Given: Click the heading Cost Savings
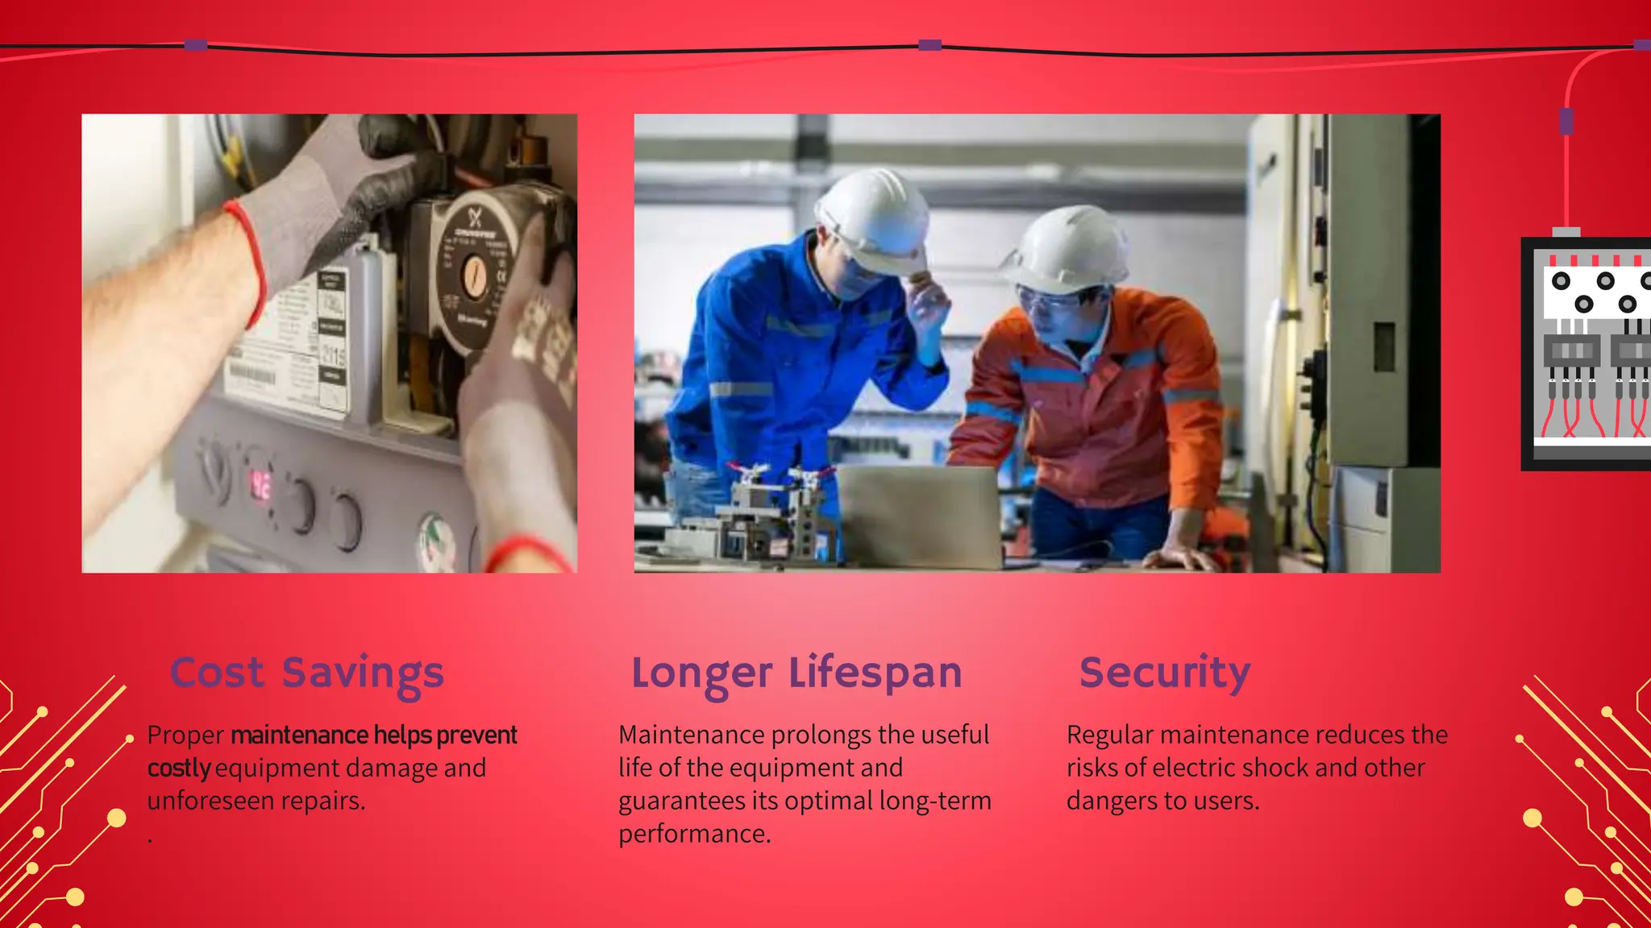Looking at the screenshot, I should [306, 673].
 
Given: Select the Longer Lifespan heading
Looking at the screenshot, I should [796, 673].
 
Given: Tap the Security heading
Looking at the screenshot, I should [1165, 673].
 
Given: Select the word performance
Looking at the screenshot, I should [694, 834].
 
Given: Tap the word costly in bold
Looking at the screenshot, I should [179, 768].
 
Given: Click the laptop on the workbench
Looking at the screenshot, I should [919, 516].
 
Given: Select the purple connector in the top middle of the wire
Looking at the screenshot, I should [929, 45].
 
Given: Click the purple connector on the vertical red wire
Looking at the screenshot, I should [1566, 122].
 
